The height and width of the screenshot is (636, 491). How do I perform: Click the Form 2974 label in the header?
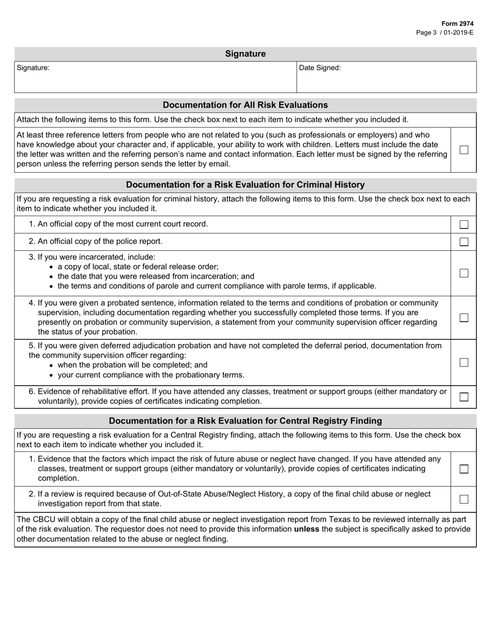457,24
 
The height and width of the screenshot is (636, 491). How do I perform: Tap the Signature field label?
33,68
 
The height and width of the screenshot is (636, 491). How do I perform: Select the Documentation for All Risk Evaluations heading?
245,105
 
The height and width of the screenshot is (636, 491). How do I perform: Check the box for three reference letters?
464,149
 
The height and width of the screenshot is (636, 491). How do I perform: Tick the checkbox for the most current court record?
464,224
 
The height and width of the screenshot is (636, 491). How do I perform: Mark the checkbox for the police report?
464,241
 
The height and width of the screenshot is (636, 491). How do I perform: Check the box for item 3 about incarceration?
464,273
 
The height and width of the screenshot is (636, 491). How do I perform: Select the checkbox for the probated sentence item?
464,317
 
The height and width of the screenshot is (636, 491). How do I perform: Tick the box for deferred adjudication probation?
464,362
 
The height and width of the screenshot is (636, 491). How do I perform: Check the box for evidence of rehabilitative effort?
464,397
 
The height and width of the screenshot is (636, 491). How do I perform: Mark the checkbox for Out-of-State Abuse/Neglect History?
464,499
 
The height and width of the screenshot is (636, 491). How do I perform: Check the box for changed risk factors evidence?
464,468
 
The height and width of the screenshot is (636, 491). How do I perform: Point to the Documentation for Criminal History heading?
245,185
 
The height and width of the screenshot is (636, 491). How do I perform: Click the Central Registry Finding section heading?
245,421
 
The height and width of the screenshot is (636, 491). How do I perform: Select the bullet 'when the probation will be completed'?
132,365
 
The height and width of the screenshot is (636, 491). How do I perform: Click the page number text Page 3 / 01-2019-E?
444,32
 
